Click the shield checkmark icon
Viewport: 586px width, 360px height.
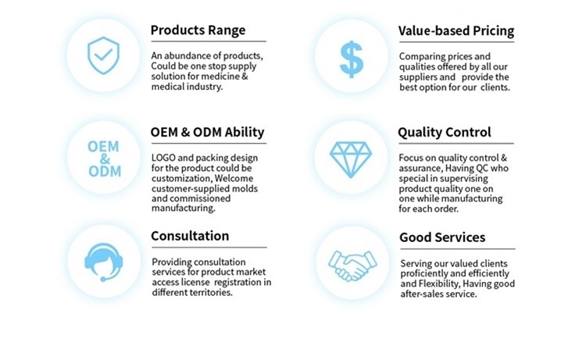pyautogui.click(x=103, y=55)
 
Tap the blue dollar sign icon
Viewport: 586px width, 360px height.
pyautogui.click(x=352, y=59)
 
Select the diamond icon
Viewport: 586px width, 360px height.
pyautogui.click(x=351, y=159)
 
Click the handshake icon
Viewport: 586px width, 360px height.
pyautogui.click(x=352, y=266)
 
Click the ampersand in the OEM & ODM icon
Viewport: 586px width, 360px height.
pyautogui.click(x=105, y=159)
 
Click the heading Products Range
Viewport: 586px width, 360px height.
pyautogui.click(x=198, y=30)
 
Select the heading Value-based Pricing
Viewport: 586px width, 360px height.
pyautogui.click(x=456, y=30)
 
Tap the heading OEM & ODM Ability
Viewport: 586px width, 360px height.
pyautogui.click(x=207, y=132)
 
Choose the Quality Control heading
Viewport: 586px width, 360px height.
pyautogui.click(x=445, y=132)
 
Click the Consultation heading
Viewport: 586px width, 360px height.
pyautogui.click(x=190, y=236)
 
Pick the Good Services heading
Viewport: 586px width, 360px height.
pyautogui.click(x=442, y=237)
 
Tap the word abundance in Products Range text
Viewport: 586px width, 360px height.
pyautogui.click(x=183, y=56)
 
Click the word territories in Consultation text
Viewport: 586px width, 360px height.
pyautogui.click(x=211, y=292)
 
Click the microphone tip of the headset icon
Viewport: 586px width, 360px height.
pyautogui.click(x=103, y=279)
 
